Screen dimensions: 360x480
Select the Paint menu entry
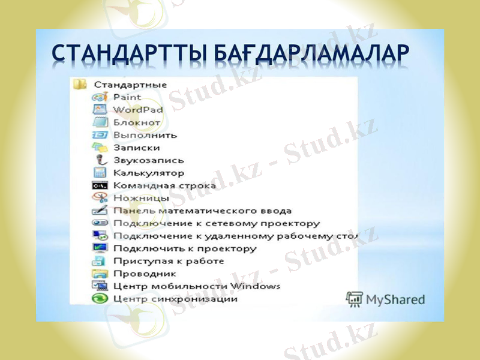pos(127,97)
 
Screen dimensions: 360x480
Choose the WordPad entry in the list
pos(138,110)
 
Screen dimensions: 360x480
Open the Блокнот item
pos(137,122)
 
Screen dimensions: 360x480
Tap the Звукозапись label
pos(149,160)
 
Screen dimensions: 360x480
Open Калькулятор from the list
pos(149,173)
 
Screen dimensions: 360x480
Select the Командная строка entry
pos(164,185)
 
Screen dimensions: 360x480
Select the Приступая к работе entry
pos(169,261)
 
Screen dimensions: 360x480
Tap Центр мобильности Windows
pos(197,286)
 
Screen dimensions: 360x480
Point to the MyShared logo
pos(385,299)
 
